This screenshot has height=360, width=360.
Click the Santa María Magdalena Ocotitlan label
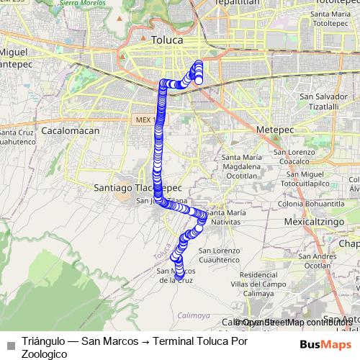click(242, 166)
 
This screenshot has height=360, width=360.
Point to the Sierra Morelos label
click(99, 4)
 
